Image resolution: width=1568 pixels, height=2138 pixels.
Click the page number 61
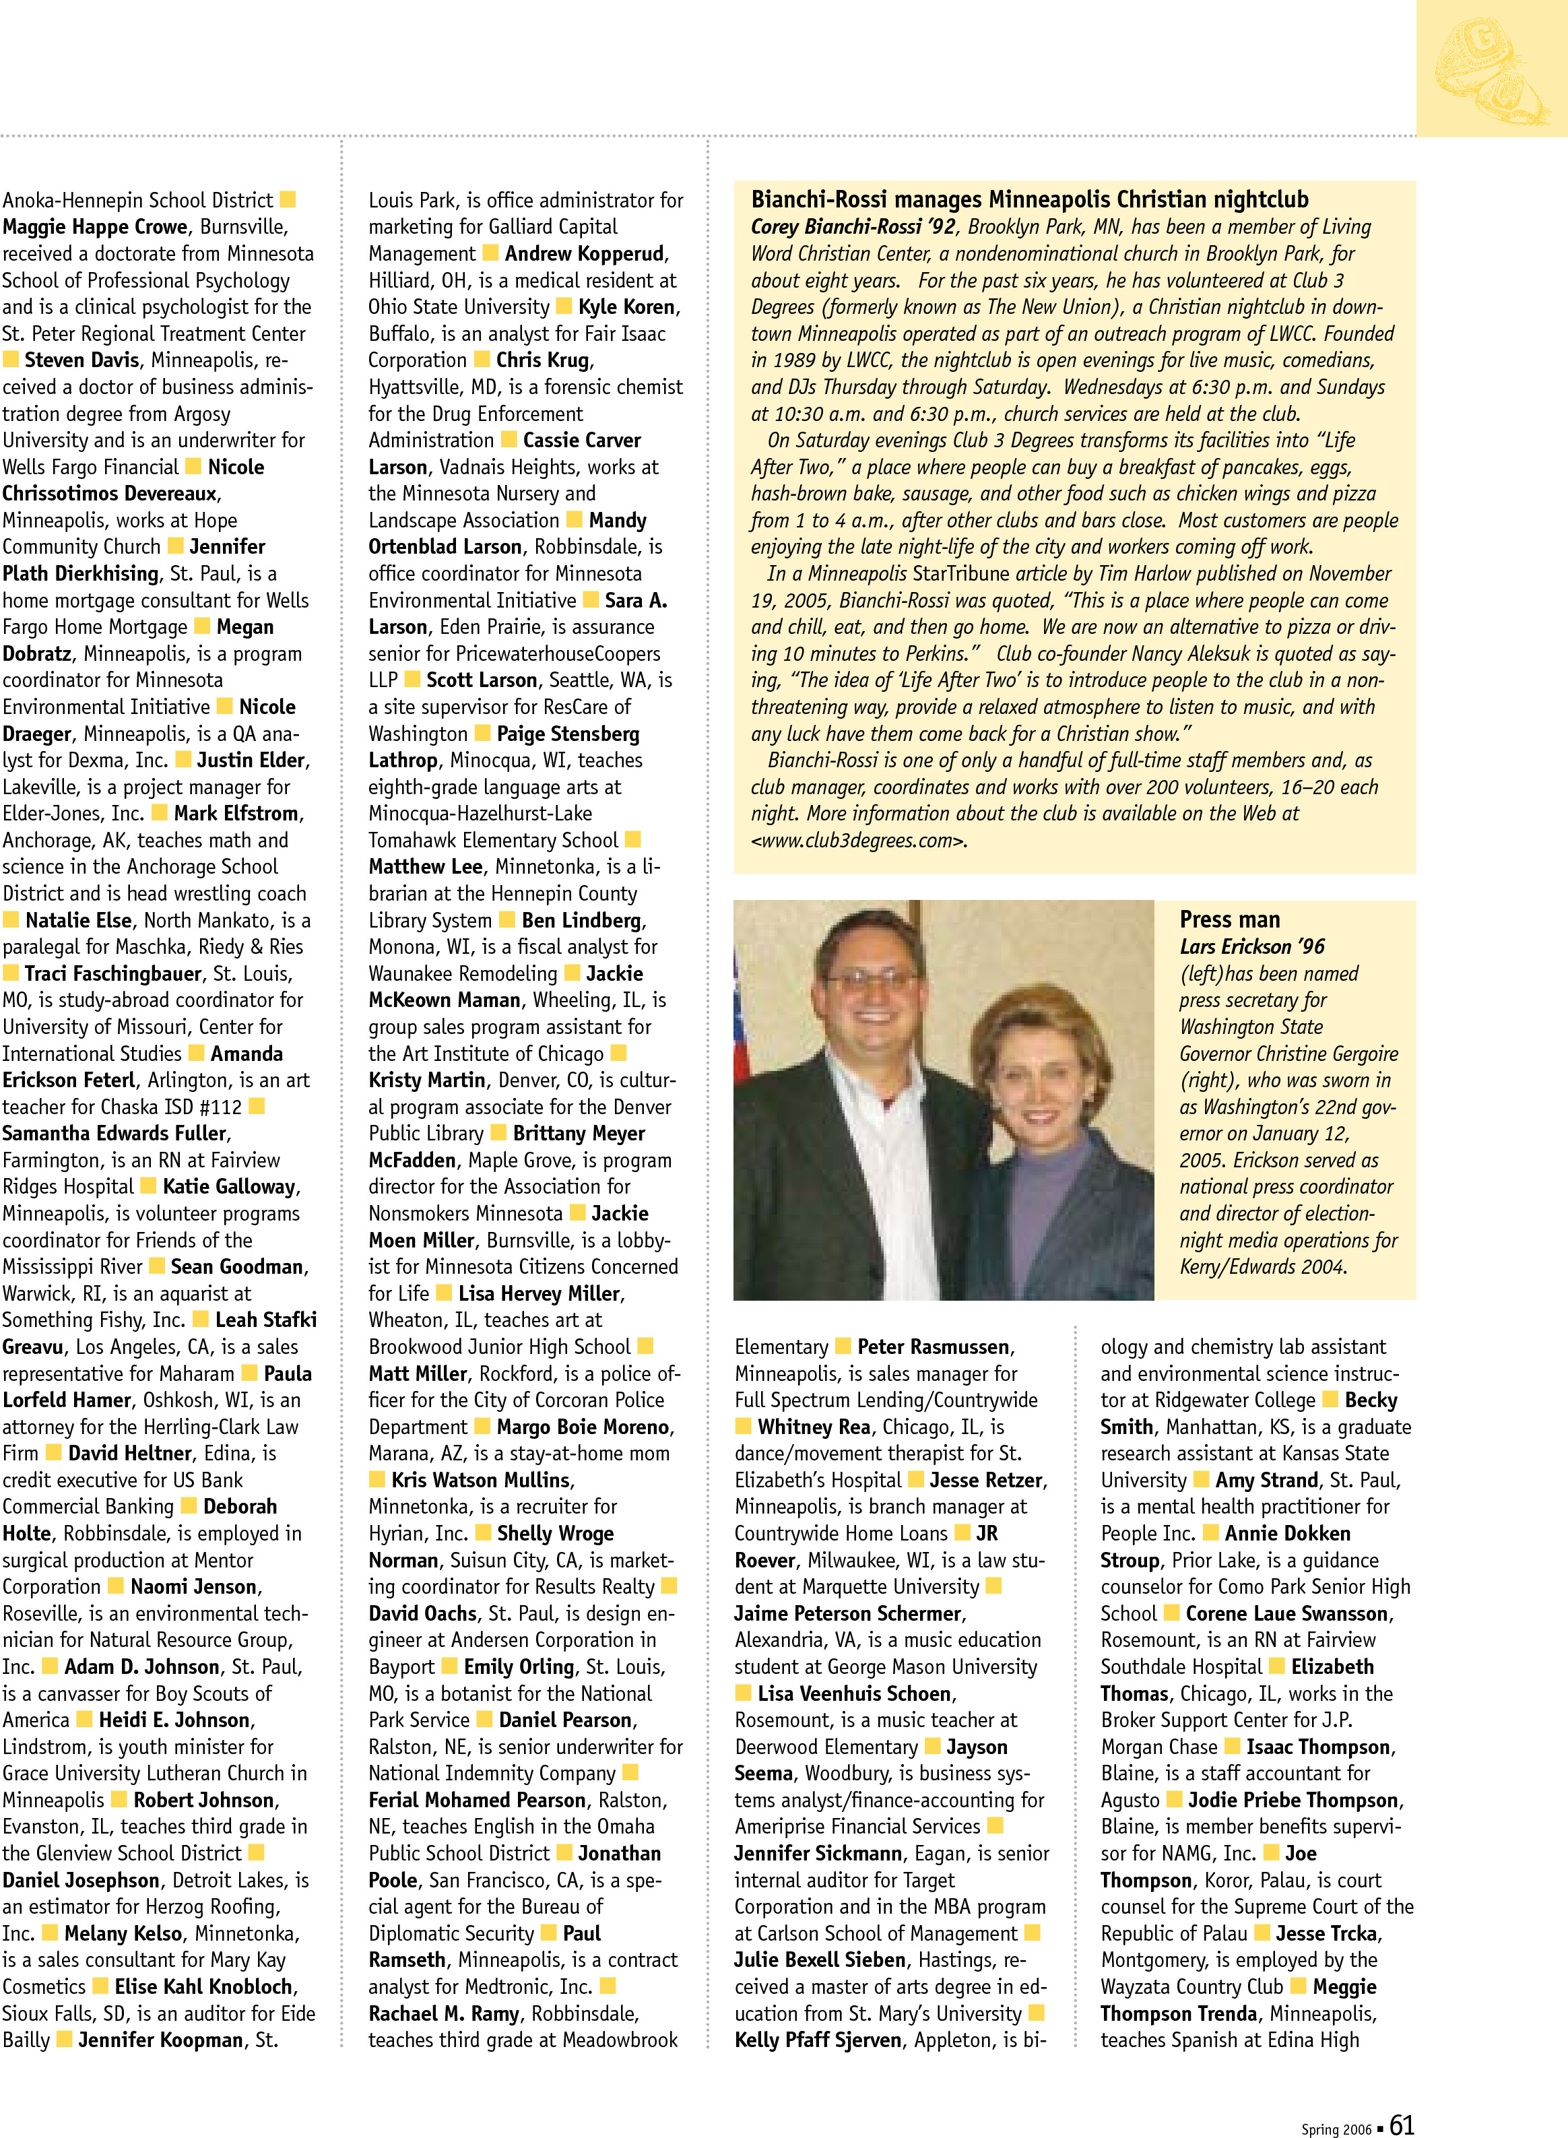point(1401,2124)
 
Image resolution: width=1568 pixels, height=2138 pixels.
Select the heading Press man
point(1229,919)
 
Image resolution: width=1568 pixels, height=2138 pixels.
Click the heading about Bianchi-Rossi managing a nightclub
point(1029,199)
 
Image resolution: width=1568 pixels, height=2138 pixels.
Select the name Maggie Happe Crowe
point(94,227)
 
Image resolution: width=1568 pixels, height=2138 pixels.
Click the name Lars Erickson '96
point(1252,946)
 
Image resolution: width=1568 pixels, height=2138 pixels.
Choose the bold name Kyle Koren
point(627,307)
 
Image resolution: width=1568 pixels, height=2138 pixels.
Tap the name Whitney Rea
point(814,1427)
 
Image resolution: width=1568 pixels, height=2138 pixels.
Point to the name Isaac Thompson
point(1318,1747)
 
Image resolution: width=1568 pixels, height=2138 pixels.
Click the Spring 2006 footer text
point(1336,2129)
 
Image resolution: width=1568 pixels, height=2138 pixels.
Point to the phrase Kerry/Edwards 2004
point(1262,1267)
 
